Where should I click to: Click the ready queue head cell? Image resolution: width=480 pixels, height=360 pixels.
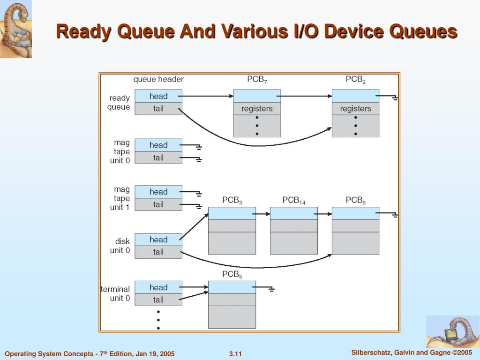(158, 96)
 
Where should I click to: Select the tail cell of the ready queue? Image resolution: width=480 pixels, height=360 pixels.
(158, 109)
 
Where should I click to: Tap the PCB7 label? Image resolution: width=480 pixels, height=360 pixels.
(257, 80)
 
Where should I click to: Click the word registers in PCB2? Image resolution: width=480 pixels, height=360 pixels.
(355, 109)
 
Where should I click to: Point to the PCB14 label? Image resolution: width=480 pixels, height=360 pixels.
(293, 201)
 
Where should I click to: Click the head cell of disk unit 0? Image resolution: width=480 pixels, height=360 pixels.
(158, 240)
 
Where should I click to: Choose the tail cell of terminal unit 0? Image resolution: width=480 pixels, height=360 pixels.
(158, 300)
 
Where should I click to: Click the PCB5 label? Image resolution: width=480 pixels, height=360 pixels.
(232, 275)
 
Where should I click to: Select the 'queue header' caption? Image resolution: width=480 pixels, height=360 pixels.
(158, 79)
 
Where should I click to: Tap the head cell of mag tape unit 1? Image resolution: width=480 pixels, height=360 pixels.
(158, 192)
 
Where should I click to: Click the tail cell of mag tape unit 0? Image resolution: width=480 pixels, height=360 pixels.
(158, 158)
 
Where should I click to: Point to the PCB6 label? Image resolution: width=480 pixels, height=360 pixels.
(355, 201)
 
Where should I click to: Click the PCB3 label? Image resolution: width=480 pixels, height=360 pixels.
(232, 201)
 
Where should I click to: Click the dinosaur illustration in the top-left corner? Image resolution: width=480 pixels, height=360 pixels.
(16, 29)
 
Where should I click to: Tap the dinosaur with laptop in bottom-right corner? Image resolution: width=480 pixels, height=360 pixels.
(452, 331)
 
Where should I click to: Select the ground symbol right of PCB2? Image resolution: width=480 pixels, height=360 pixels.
(395, 98)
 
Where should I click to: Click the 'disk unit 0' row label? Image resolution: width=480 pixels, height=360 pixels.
(120, 246)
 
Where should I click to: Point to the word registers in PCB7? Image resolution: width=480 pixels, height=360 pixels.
(257, 109)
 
